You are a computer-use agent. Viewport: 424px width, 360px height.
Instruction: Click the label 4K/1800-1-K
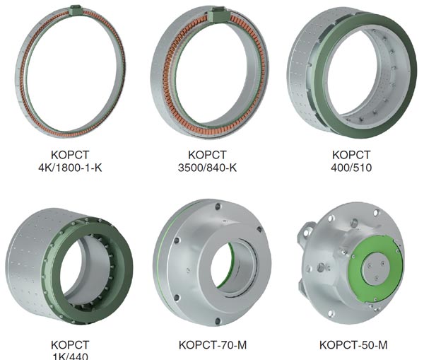point(70,168)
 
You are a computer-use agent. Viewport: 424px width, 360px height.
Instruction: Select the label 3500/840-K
point(207,168)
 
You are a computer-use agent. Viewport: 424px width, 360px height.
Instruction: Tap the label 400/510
point(351,168)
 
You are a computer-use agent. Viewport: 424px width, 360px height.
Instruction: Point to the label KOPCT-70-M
point(213,345)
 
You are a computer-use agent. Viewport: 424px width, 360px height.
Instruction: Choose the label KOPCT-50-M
point(353,345)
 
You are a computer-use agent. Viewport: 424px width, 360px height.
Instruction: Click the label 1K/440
point(70,356)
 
